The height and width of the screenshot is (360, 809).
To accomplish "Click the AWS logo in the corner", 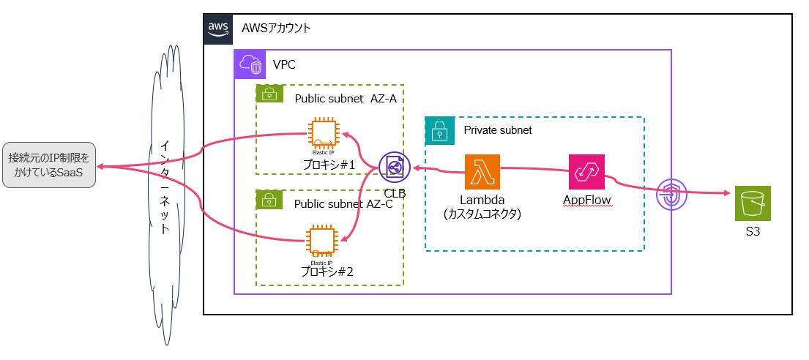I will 218,29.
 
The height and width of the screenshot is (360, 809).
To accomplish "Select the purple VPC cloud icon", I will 248,64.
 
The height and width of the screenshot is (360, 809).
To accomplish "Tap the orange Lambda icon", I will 482,171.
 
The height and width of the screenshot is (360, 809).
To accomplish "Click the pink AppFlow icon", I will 586,172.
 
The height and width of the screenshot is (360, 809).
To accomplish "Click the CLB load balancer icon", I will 395,168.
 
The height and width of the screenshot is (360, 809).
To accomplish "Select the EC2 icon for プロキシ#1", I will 324,135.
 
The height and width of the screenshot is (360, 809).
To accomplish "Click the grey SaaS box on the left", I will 49,165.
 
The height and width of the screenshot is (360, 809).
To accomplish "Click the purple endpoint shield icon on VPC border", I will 671,194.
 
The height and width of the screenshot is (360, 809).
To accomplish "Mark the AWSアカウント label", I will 277,29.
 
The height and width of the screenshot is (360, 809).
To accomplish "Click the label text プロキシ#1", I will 329,165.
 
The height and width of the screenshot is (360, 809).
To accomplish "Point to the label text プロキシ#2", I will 327,271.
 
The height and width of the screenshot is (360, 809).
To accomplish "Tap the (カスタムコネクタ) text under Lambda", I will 482,214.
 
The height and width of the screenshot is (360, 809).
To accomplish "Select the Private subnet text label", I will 498,130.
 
